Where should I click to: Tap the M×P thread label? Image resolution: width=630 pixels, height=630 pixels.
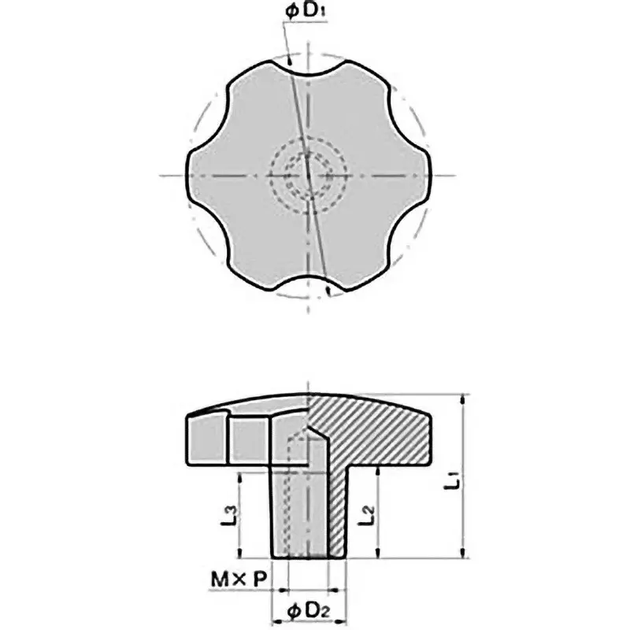[239, 581]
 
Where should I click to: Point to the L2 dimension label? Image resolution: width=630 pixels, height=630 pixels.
[365, 516]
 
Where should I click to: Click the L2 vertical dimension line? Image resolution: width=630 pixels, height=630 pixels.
[380, 512]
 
